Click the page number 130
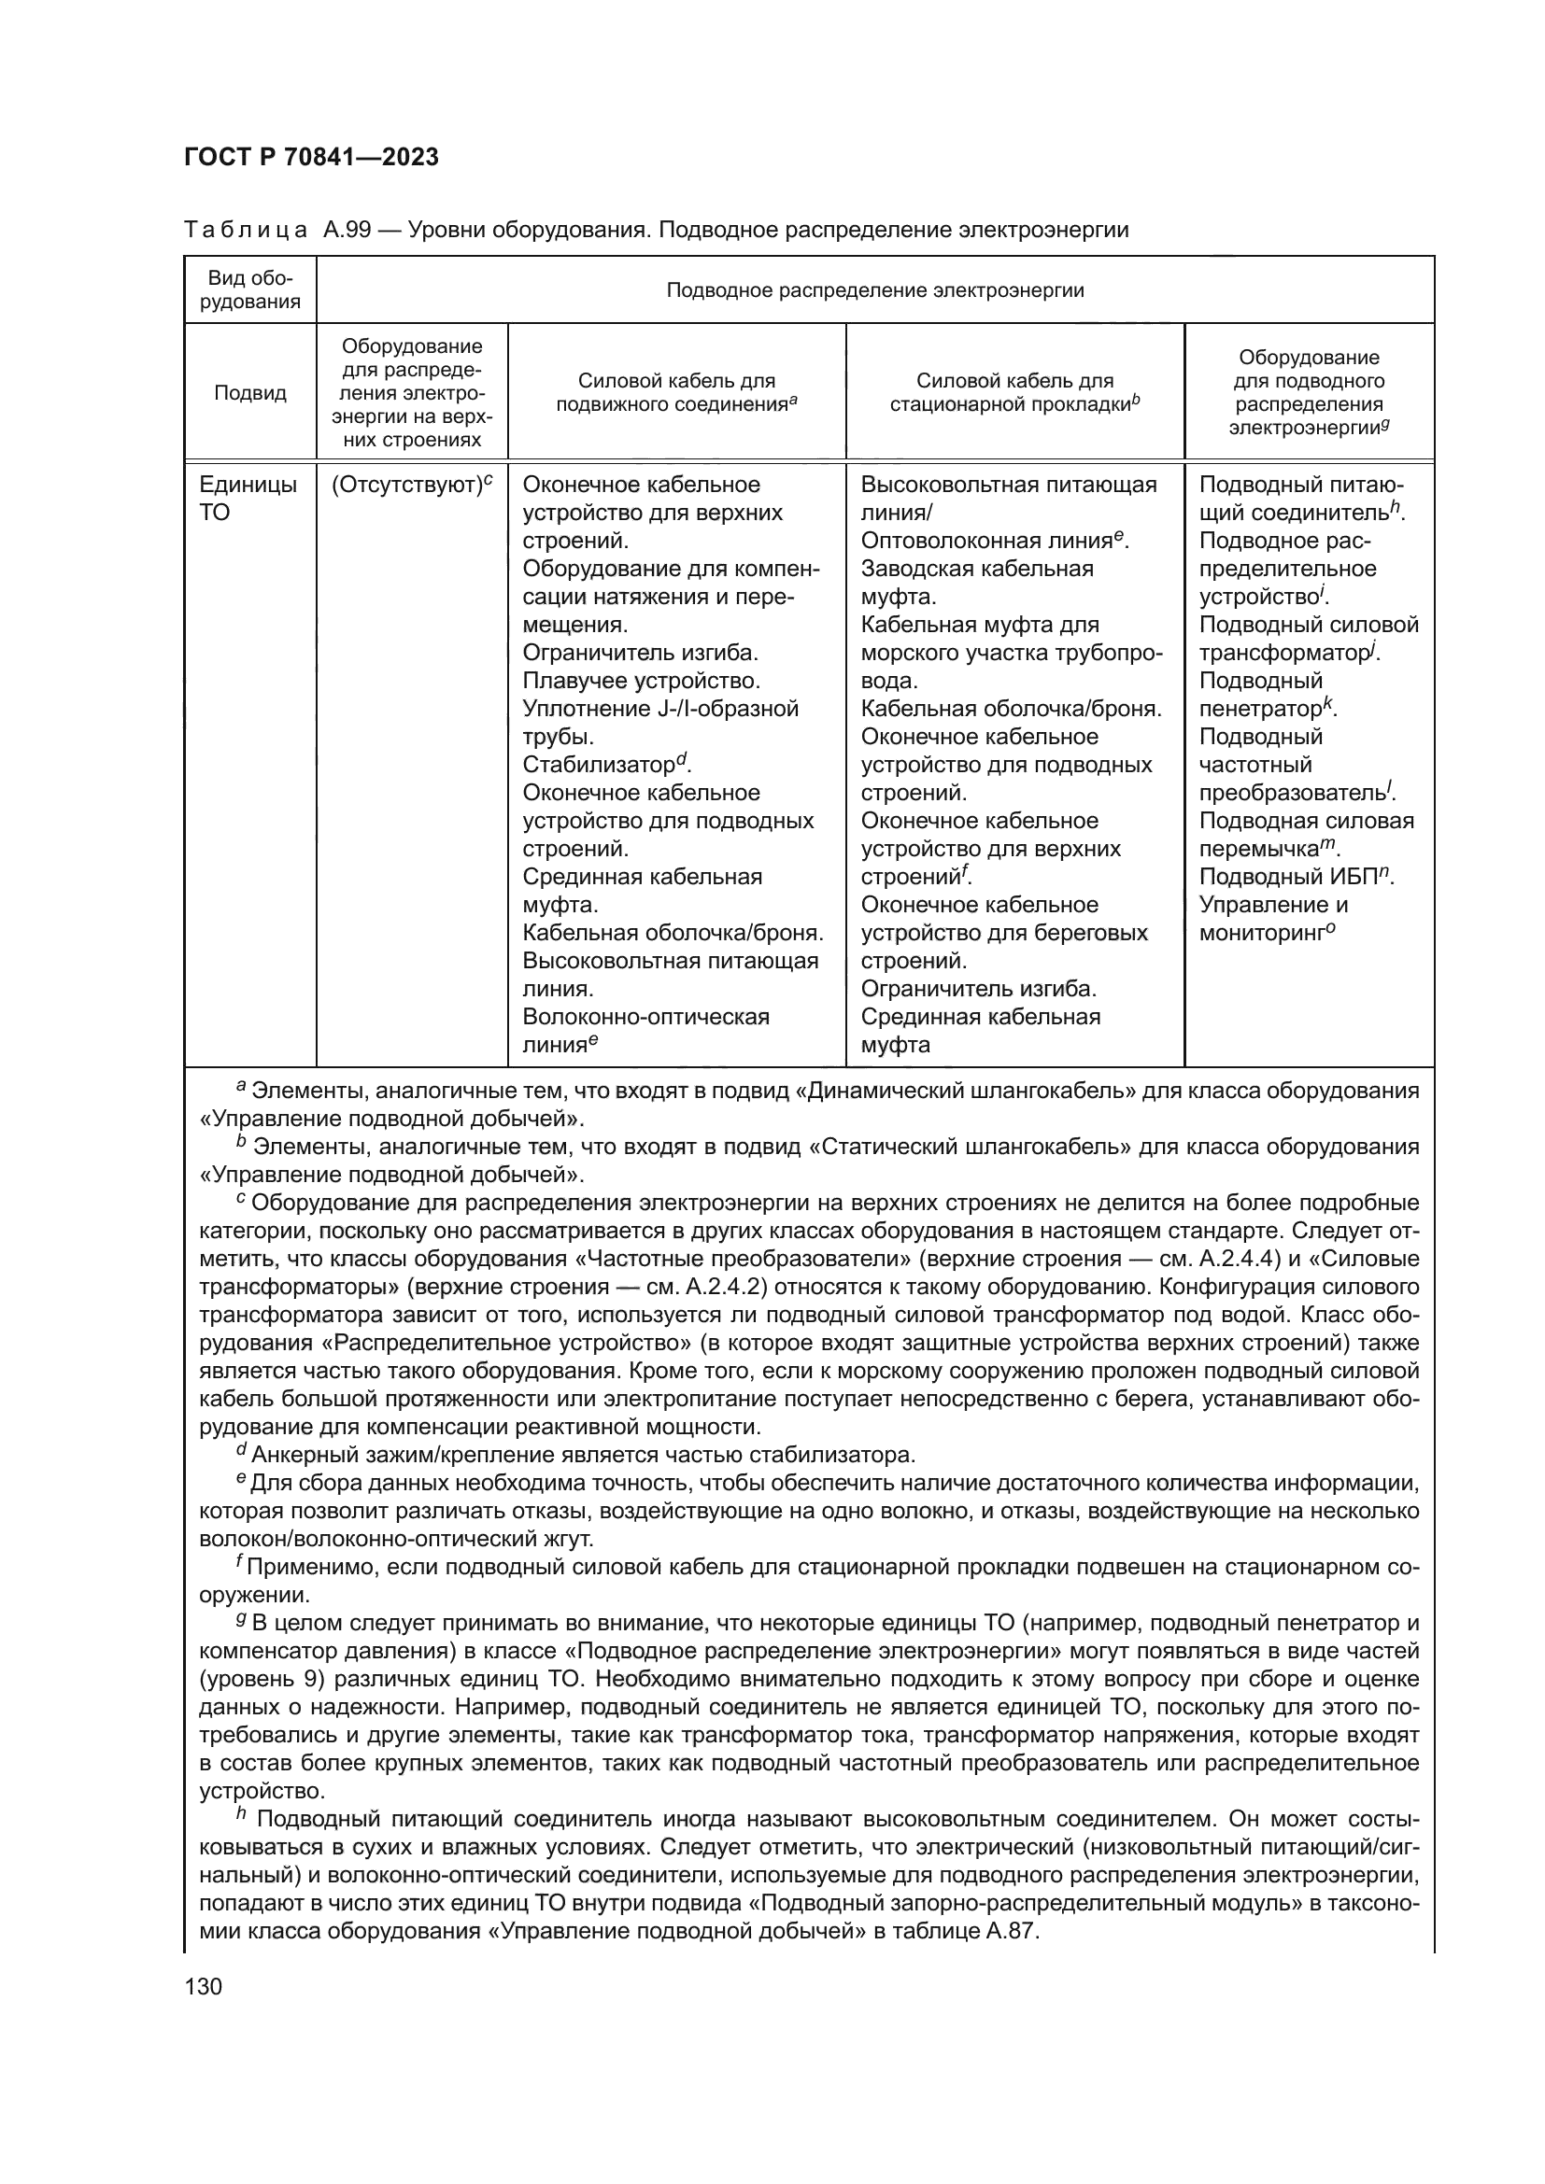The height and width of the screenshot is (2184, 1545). pos(203,1985)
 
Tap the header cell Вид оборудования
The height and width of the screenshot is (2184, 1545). pos(250,289)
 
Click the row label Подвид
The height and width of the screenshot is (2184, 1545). pos(250,393)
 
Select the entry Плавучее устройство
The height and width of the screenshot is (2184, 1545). pos(642,681)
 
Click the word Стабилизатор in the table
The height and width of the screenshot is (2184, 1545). pos(598,766)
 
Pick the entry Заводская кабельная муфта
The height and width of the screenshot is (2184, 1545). pos(976,582)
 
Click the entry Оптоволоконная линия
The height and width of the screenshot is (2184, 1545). pos(985,542)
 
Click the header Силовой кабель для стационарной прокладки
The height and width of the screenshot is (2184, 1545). pos(1014,393)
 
